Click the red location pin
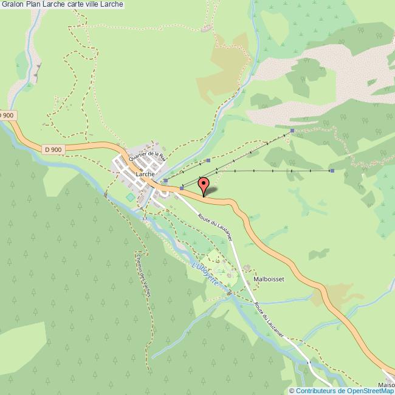tap(204, 184)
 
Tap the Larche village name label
tap(145, 174)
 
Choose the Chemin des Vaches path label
tap(145, 274)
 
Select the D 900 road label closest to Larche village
tap(53, 148)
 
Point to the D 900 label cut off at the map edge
tap(6, 115)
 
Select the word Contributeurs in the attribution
tap(315, 391)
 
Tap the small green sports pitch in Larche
tap(130, 197)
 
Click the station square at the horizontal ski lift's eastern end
tap(332, 171)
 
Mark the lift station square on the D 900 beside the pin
tap(181, 188)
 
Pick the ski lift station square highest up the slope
tap(292, 130)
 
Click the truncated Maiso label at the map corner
tap(386, 384)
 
